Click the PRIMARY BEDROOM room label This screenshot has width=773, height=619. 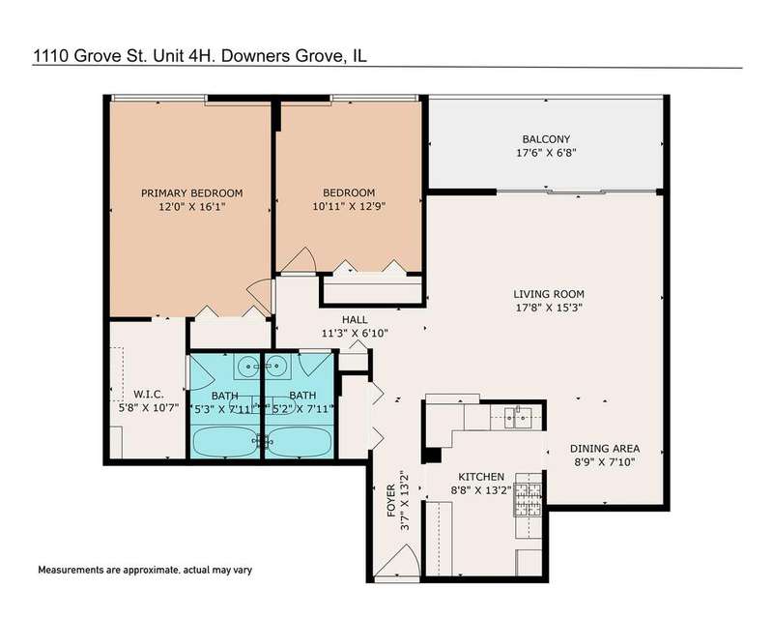pyautogui.click(x=191, y=193)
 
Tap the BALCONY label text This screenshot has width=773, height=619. pyautogui.click(x=546, y=139)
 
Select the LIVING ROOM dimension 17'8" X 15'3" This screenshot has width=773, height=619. pyautogui.click(x=548, y=308)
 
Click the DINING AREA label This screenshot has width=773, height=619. pyautogui.click(x=605, y=449)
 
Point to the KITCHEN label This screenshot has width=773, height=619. pyautogui.click(x=481, y=477)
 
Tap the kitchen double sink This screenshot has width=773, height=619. pyautogui.click(x=516, y=418)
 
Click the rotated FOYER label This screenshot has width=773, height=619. pyautogui.click(x=391, y=501)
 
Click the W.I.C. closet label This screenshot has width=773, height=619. pyautogui.click(x=149, y=395)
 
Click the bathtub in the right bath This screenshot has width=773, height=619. pyautogui.click(x=299, y=442)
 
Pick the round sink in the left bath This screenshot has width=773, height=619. pyautogui.click(x=247, y=367)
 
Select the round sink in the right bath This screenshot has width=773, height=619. pyautogui.click(x=276, y=367)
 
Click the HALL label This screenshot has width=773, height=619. pyautogui.click(x=355, y=319)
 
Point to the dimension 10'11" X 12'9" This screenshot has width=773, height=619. pyautogui.click(x=349, y=206)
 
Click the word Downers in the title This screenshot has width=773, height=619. pyautogui.click(x=256, y=56)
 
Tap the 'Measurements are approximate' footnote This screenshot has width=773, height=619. pyautogui.click(x=145, y=570)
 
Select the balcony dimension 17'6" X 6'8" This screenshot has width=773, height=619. pyautogui.click(x=546, y=153)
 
